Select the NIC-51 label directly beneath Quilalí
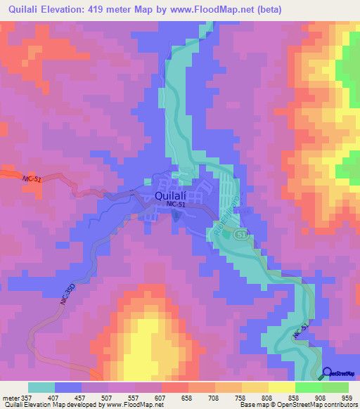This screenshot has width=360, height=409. [x=176, y=204]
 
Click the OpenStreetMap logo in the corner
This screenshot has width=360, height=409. [x=340, y=373]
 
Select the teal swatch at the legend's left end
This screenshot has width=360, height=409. [x=41, y=387]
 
